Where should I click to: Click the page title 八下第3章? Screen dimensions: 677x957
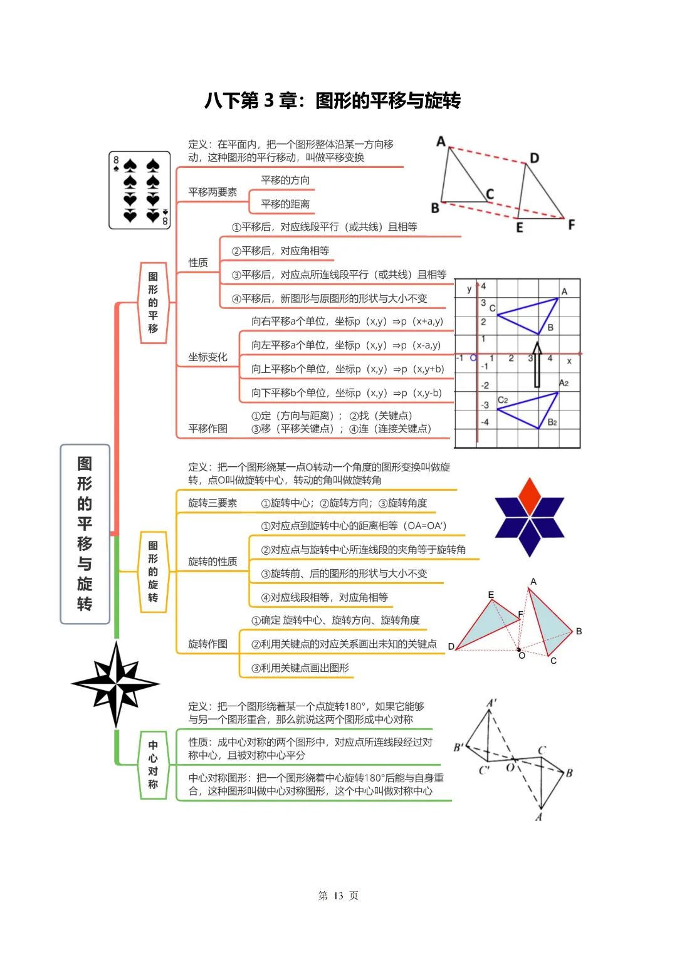click(x=332, y=100)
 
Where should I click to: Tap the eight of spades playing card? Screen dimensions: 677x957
click(x=140, y=190)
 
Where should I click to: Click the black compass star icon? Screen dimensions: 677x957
click(x=116, y=684)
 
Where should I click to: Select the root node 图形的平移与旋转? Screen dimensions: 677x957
click(x=85, y=534)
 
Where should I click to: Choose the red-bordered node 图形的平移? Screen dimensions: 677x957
click(x=153, y=303)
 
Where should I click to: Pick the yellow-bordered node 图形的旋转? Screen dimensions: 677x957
click(x=153, y=572)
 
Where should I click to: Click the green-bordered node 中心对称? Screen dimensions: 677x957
click(x=153, y=765)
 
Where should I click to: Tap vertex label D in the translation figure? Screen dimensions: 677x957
click(x=534, y=158)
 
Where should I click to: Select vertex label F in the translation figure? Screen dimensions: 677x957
click(x=571, y=224)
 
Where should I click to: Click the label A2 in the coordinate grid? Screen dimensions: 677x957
click(x=564, y=383)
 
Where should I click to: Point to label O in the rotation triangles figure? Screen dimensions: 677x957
click(x=522, y=656)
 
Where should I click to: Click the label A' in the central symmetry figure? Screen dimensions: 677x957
click(x=492, y=703)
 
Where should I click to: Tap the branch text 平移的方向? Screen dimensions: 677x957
click(x=285, y=180)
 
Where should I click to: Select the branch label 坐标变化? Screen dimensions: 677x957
click(x=207, y=357)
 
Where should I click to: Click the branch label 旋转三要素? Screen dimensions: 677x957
click(x=213, y=503)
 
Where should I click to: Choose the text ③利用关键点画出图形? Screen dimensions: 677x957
click(x=300, y=668)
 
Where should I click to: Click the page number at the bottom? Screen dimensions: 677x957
click(x=338, y=896)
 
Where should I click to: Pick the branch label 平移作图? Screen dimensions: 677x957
click(x=207, y=429)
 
